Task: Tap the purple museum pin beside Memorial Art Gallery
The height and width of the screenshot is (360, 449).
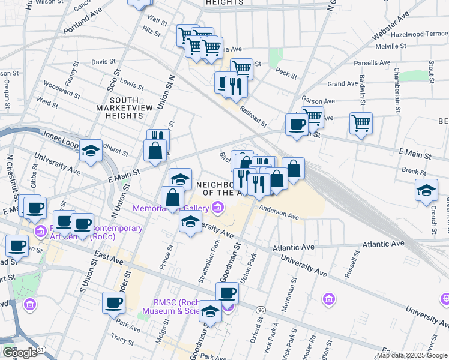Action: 217,208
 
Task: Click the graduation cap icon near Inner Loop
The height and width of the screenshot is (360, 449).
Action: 91,149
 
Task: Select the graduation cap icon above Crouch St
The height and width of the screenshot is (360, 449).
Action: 426,190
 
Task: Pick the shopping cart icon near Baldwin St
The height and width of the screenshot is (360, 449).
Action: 361,123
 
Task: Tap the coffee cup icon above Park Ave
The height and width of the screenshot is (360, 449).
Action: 113,302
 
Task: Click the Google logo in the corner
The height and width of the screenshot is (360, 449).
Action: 19,353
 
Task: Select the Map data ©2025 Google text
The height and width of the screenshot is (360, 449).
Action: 412,355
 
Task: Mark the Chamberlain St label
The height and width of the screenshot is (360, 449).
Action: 396,90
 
